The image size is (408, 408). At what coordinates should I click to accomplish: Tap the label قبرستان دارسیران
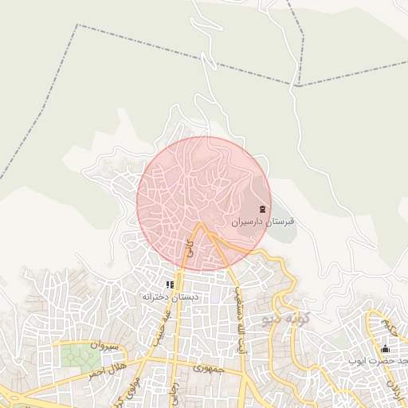[264, 222]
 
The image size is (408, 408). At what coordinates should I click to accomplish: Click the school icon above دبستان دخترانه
[169, 284]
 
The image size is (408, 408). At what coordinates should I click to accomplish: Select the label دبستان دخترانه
[169, 296]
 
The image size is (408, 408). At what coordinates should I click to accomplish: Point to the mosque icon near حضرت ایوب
[386, 348]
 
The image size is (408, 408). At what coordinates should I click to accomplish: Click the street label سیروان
[104, 346]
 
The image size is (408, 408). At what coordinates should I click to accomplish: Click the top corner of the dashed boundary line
[77, 25]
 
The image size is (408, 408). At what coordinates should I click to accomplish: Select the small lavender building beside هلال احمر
[107, 361]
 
